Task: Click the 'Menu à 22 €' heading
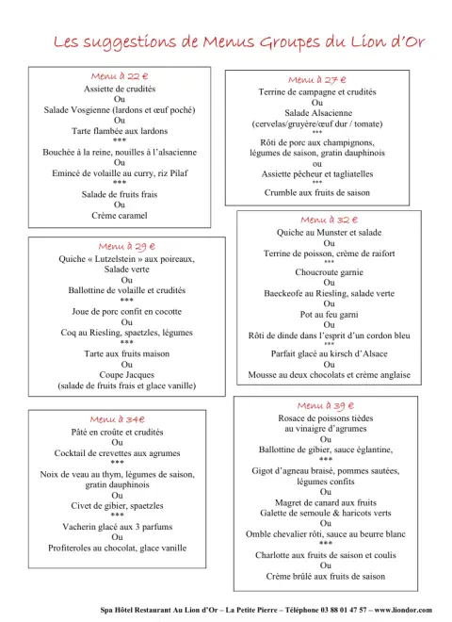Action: point(120,75)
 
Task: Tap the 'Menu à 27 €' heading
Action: point(316,80)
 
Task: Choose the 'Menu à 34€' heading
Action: point(118,418)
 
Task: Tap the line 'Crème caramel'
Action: point(120,216)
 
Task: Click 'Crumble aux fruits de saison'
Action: point(316,192)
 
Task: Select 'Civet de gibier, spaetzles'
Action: point(118,505)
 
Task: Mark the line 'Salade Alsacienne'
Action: point(316,113)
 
